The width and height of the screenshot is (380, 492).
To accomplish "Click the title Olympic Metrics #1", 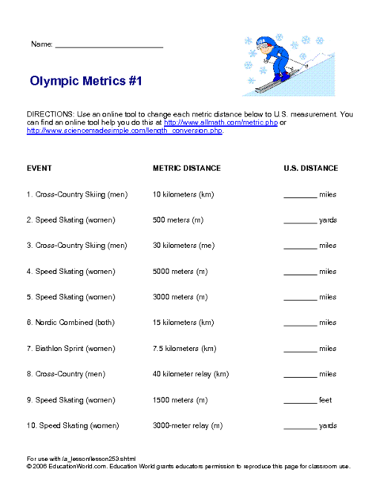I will [x=86, y=81].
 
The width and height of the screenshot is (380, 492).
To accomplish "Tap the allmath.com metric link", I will [x=222, y=123].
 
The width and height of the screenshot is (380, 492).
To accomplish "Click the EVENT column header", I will [x=40, y=168].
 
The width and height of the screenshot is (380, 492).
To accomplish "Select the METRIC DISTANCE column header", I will [x=187, y=168].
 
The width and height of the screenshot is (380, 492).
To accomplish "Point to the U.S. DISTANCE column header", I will [x=311, y=168].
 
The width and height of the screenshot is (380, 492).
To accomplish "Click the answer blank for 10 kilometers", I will [x=299, y=195].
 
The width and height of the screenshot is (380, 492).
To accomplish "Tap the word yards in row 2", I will [x=328, y=220].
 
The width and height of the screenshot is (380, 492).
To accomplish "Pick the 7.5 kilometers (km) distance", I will [x=184, y=349].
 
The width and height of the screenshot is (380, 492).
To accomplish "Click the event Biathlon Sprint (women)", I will [x=70, y=349].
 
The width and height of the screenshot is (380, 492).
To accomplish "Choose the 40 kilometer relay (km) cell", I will [x=191, y=374].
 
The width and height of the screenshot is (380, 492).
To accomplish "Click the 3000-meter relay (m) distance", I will [x=188, y=425].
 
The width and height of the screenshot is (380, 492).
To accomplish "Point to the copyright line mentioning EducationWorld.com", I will [x=188, y=467].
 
